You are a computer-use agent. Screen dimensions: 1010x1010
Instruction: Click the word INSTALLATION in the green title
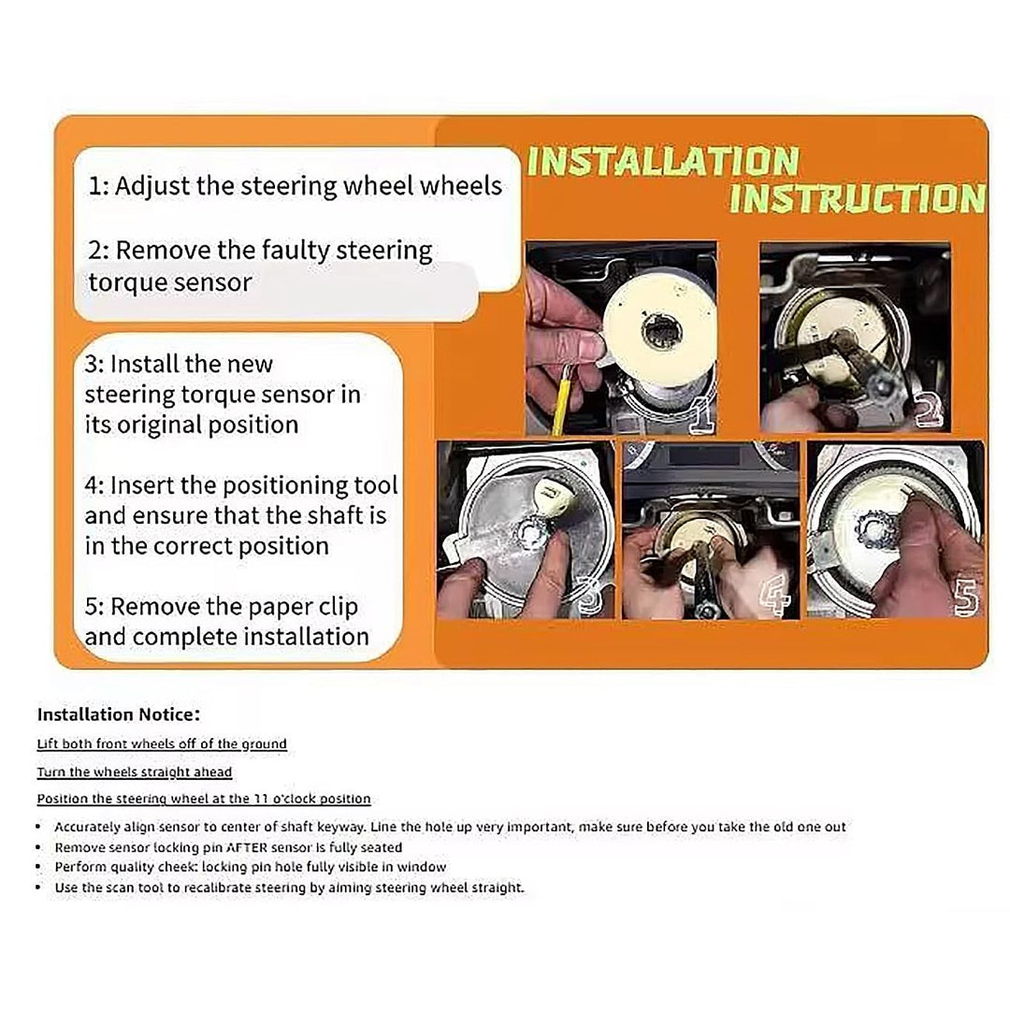pyautogui.click(x=663, y=161)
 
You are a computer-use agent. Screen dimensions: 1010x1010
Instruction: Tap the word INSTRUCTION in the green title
pyautogui.click(x=858, y=198)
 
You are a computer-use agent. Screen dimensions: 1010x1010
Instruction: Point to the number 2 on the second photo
pyautogui.click(x=929, y=409)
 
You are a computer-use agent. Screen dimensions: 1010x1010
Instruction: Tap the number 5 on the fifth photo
pyautogui.click(x=966, y=598)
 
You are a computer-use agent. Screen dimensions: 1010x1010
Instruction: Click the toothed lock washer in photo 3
pyautogui.click(x=531, y=530)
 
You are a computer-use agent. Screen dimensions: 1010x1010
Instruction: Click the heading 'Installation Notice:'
pyautogui.click(x=119, y=714)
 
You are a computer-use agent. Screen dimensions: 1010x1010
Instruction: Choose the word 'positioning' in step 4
pyautogui.click(x=274, y=485)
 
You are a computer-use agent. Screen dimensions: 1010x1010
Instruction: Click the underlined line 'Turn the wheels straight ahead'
pyautogui.click(x=134, y=772)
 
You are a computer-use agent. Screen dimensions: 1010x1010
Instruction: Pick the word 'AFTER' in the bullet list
pyautogui.click(x=246, y=847)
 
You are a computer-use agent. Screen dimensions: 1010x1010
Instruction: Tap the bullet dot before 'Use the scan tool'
pyautogui.click(x=38, y=887)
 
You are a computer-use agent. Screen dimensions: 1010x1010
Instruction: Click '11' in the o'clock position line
pyautogui.click(x=260, y=799)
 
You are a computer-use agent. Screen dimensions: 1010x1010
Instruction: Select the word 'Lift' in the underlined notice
pyautogui.click(x=48, y=744)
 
